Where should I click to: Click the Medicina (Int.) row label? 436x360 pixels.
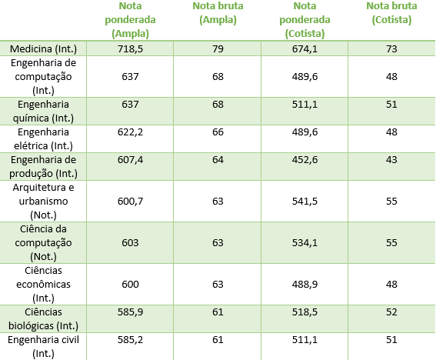click(x=43, y=49)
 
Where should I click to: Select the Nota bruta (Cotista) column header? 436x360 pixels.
click(x=391, y=13)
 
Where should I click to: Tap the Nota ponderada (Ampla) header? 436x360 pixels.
click(x=130, y=20)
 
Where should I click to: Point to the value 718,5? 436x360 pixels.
click(x=130, y=49)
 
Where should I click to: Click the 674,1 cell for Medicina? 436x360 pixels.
click(x=305, y=49)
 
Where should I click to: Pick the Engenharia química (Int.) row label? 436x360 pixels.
click(x=43, y=112)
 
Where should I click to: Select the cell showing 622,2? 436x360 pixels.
click(x=130, y=132)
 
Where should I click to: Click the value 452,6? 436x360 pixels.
click(x=305, y=160)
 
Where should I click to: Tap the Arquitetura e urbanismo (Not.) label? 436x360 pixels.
click(x=43, y=201)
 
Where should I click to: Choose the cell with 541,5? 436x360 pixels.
click(x=305, y=201)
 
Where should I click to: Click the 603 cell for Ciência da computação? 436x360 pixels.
click(x=130, y=242)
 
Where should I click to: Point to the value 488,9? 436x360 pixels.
click(x=305, y=285)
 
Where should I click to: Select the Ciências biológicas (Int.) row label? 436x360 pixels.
click(x=43, y=318)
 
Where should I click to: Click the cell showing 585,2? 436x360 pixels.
click(x=130, y=340)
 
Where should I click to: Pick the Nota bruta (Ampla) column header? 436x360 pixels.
click(x=218, y=13)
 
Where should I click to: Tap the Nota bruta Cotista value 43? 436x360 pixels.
click(x=391, y=160)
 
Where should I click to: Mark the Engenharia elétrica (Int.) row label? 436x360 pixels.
click(x=43, y=138)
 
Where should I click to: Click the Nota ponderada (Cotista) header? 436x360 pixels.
click(x=305, y=20)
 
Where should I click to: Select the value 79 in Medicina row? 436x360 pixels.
click(x=218, y=49)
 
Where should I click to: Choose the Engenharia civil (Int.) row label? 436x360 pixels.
click(x=43, y=347)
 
